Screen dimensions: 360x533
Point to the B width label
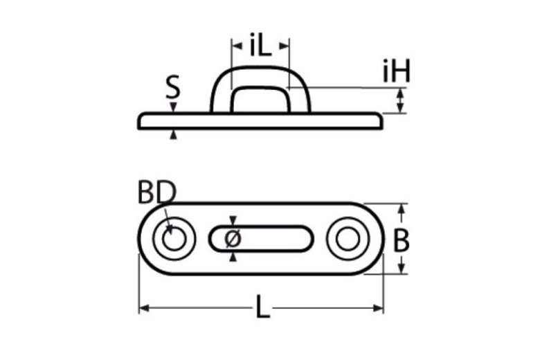401,240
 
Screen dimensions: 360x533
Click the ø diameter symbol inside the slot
233,239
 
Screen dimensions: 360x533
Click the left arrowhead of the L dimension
143,307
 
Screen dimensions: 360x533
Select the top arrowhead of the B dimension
399,207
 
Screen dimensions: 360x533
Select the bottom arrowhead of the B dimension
399,271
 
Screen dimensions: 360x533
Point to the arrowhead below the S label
173,107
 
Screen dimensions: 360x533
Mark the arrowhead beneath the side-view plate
173,134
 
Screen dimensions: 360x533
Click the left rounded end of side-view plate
141,121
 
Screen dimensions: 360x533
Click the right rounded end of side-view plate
380,121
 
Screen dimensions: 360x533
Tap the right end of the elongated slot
307,239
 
